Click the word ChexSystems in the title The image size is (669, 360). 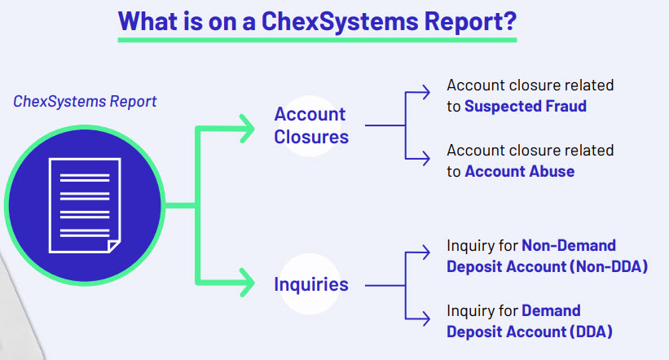[x=339, y=21]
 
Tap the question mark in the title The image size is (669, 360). [x=509, y=20]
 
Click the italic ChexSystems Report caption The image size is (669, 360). [x=85, y=102]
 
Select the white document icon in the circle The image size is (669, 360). [x=85, y=205]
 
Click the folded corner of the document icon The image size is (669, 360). [x=114, y=247]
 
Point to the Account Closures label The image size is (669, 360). [x=311, y=125]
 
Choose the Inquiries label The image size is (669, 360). [x=311, y=284]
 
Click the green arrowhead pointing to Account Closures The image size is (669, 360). [x=248, y=129]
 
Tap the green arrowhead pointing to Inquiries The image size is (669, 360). [x=248, y=283]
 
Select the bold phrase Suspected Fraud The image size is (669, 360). [x=526, y=106]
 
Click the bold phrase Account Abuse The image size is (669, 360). [x=520, y=172]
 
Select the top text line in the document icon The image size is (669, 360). [x=85, y=178]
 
